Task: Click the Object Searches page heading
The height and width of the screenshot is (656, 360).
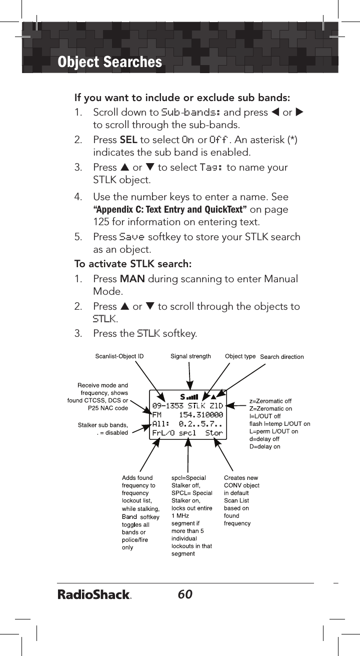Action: coord(110,62)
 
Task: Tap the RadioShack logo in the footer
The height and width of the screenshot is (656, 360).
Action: coord(94,595)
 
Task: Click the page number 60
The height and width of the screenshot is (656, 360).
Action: coord(184,594)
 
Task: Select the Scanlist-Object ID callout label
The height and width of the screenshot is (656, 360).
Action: coord(119,357)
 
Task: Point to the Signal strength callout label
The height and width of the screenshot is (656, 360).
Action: coord(190,357)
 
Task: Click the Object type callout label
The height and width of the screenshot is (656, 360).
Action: coord(240,357)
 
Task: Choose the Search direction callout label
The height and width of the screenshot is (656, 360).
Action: coord(282,357)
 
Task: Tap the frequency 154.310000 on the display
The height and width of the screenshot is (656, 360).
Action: coord(200,415)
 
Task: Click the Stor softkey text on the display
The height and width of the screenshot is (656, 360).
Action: coord(214,433)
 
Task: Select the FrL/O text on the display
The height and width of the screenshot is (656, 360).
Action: coord(163,433)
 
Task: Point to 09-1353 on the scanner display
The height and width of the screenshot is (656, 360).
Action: coord(167,406)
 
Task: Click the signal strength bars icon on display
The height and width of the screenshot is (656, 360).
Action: coord(192,397)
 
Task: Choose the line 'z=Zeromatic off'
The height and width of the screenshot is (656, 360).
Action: coord(270,401)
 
